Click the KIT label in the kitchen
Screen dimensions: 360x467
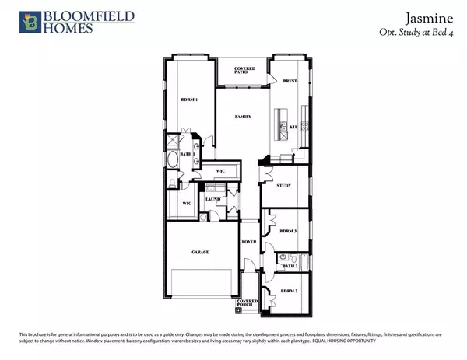(x=294, y=126)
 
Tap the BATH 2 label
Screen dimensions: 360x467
(x=290, y=267)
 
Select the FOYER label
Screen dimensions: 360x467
(x=248, y=242)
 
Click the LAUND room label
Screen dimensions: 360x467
(x=212, y=200)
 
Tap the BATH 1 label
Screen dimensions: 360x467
(x=187, y=154)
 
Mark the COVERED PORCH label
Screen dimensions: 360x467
(x=248, y=302)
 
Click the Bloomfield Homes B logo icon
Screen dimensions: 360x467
(x=32, y=22)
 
